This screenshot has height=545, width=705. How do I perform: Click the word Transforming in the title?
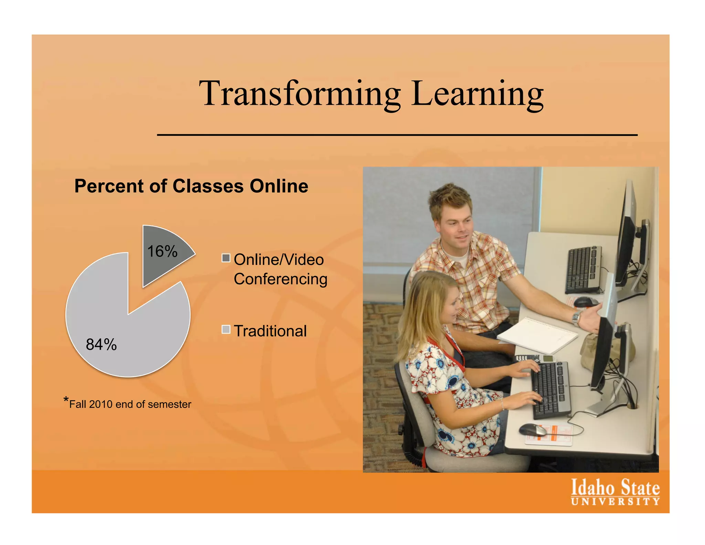299,94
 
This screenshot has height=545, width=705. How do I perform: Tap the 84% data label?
101,345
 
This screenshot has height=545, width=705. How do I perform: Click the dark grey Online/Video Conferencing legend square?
226,258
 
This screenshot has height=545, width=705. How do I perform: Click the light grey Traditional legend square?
226,329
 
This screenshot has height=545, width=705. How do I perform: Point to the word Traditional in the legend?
270,331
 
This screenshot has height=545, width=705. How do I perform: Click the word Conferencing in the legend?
281,279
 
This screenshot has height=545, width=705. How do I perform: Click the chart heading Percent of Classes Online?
191,186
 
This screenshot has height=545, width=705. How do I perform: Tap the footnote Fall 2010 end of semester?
130,404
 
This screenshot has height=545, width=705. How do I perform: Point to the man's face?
455,227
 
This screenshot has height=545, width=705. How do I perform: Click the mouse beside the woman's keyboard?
532,430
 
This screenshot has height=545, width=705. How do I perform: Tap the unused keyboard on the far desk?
583,269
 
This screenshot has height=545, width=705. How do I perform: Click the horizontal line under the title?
397,135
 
